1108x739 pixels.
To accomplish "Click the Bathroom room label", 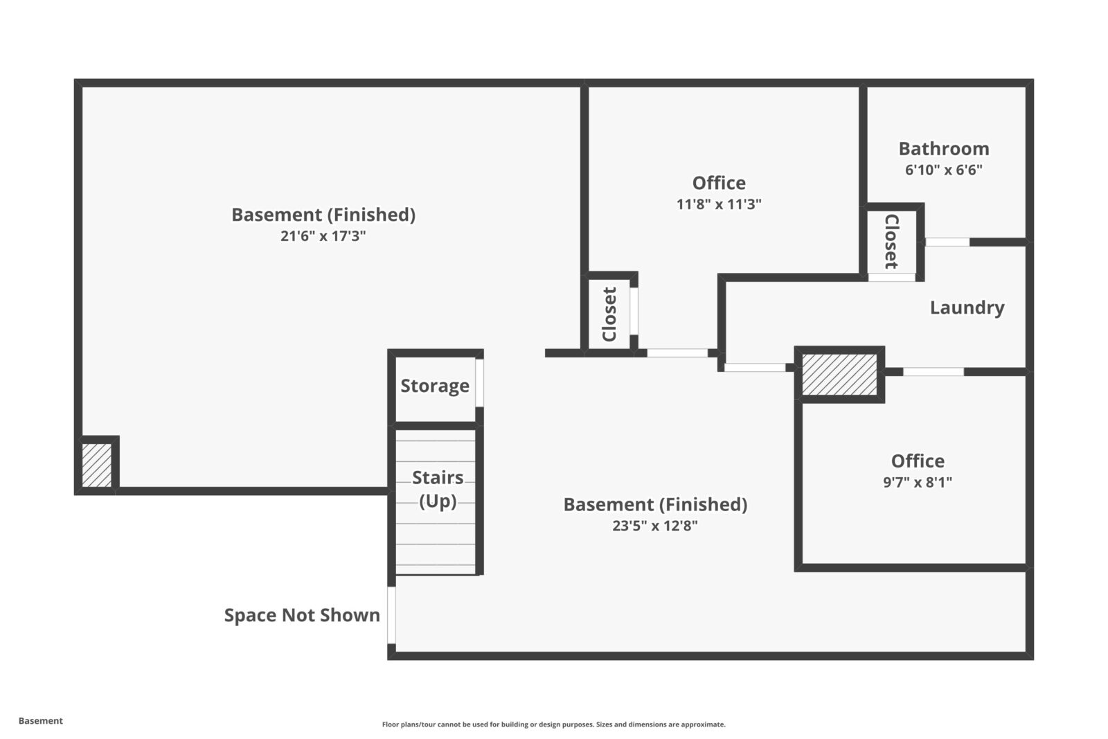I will tap(943, 149).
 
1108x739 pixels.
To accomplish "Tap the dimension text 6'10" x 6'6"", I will tap(943, 170).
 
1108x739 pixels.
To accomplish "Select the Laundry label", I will tap(967, 308).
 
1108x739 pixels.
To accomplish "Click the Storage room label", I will tap(435, 386).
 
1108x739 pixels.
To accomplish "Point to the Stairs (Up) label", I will tap(438, 488).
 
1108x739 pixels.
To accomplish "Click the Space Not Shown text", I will tap(302, 615).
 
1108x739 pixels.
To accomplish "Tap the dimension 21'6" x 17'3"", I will tap(323, 236).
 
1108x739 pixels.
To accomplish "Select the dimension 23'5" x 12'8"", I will tap(654, 526).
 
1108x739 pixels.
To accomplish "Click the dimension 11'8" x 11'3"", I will tap(719, 204).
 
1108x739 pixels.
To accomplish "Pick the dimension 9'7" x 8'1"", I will tap(917, 482).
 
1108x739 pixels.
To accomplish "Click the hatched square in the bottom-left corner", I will tap(96, 465).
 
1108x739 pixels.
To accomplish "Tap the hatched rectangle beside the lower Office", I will tap(839, 375).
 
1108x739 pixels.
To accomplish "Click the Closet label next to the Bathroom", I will tap(891, 241).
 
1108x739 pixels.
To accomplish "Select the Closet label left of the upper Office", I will tap(609, 314).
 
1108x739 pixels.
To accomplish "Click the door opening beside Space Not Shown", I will tap(391, 615).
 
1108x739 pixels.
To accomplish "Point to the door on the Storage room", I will tap(479, 383).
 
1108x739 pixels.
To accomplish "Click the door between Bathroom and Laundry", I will tap(947, 242).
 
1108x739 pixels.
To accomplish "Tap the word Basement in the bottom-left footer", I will tap(40, 721).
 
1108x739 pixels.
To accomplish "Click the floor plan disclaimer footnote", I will tap(553, 724).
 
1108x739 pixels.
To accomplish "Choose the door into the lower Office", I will tap(933, 372).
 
